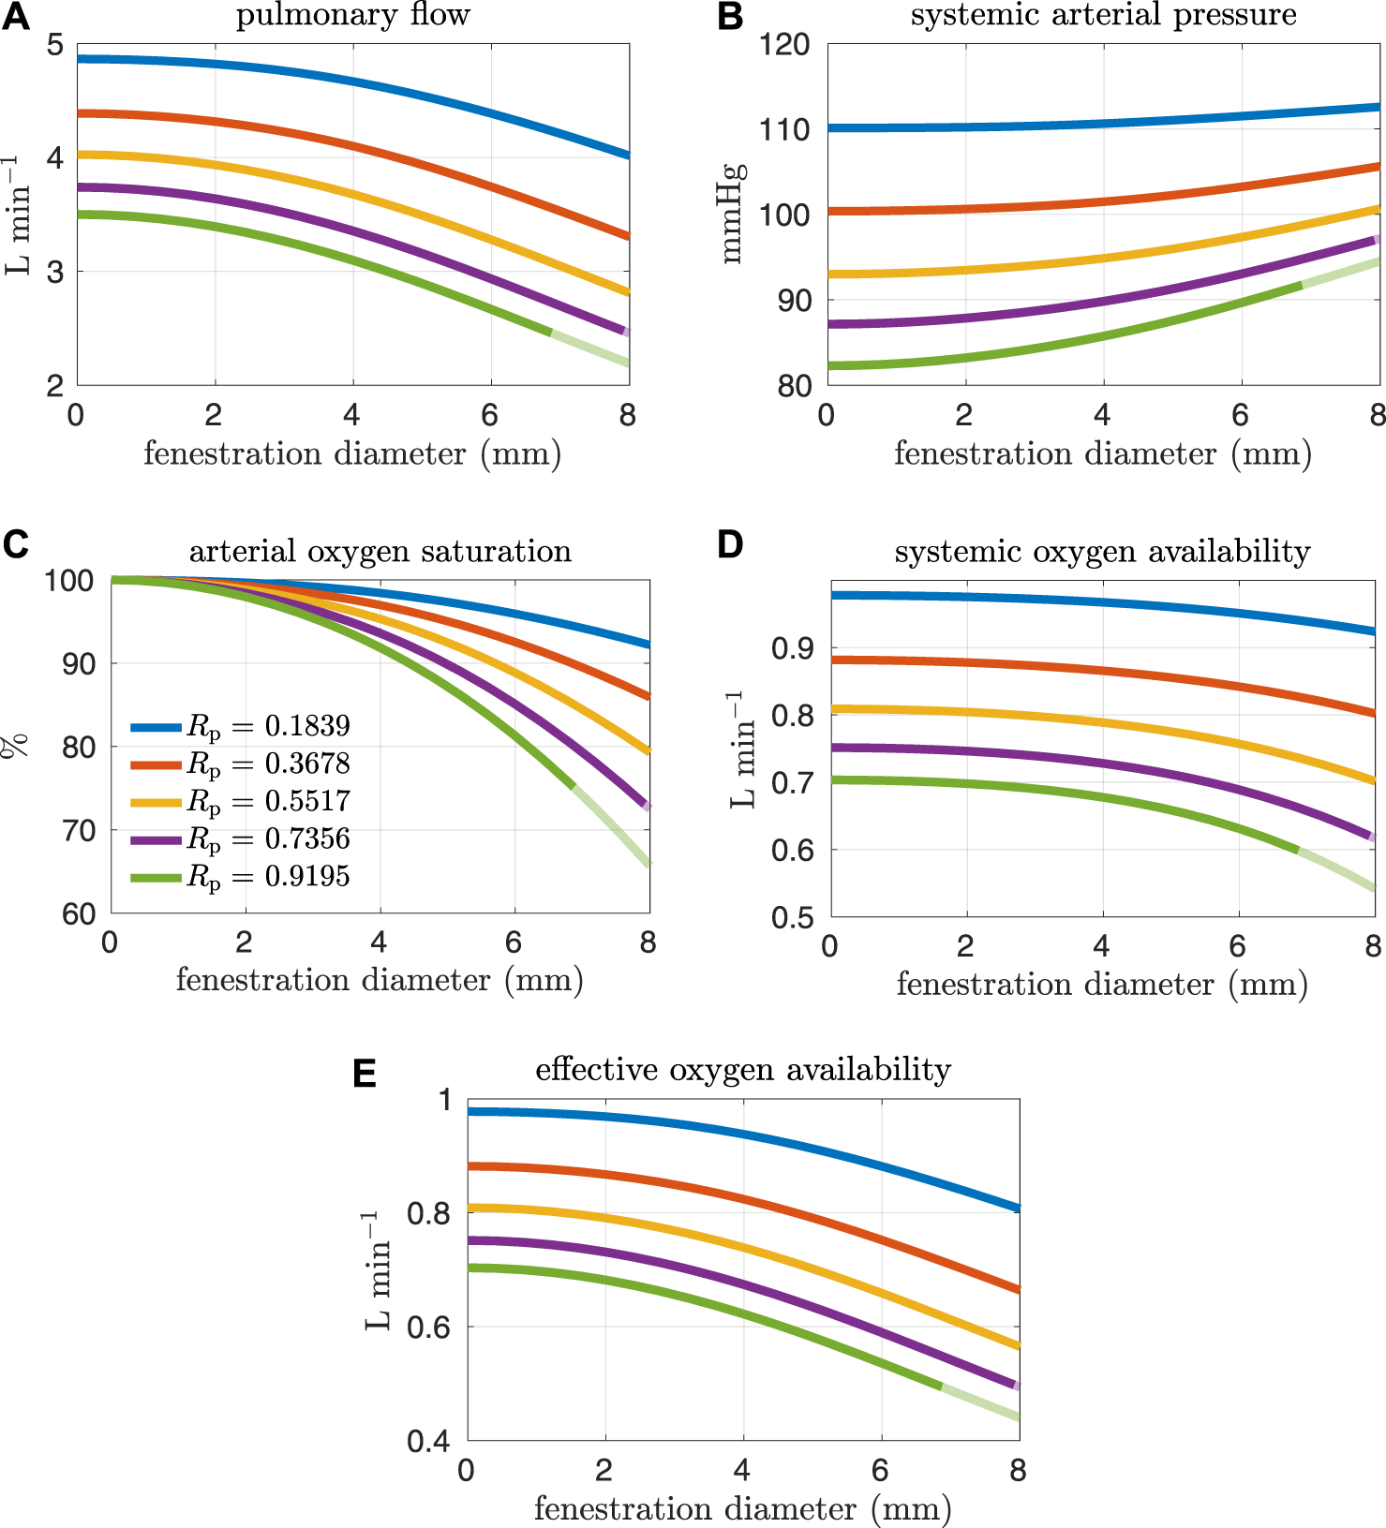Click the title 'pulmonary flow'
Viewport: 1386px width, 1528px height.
pyautogui.click(x=352, y=15)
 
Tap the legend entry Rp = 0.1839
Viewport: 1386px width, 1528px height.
pyautogui.click(x=240, y=726)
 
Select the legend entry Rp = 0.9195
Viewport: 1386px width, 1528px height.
pyautogui.click(x=240, y=877)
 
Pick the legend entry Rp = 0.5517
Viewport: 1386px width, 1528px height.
pyautogui.click(x=240, y=801)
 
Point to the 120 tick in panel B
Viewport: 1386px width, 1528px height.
pyautogui.click(x=784, y=45)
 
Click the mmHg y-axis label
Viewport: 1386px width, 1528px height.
pyautogui.click(x=733, y=214)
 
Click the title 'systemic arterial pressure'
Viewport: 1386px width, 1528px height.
pyautogui.click(x=1103, y=15)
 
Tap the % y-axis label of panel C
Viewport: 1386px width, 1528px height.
pyautogui.click(x=16, y=746)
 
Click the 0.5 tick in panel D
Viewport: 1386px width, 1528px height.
pyautogui.click(x=792, y=918)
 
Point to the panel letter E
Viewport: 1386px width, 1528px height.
pyautogui.click(x=365, y=1074)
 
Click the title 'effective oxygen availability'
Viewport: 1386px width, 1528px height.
pyautogui.click(x=743, y=1070)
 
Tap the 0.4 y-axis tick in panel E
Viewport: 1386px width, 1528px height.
pyautogui.click(x=427, y=1441)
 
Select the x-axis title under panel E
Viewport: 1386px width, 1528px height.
pyautogui.click(x=743, y=1508)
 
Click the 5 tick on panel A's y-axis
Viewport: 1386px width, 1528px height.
pyautogui.click(x=55, y=45)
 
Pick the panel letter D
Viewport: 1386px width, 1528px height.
pyautogui.click(x=730, y=544)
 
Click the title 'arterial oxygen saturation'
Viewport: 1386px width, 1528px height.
pyautogui.click(x=380, y=551)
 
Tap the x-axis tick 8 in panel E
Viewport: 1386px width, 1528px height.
pyautogui.click(x=1019, y=1471)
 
